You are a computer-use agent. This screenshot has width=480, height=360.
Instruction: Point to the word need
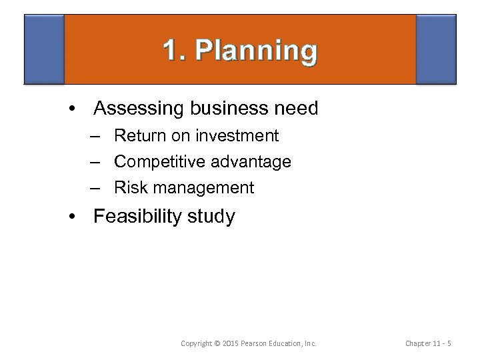point(296,108)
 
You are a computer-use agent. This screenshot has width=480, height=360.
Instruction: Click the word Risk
point(129,188)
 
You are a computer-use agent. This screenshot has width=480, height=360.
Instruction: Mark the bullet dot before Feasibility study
point(79,217)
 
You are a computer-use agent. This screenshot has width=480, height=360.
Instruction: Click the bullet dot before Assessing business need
point(79,109)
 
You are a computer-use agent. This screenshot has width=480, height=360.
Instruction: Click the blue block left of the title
point(44,49)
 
